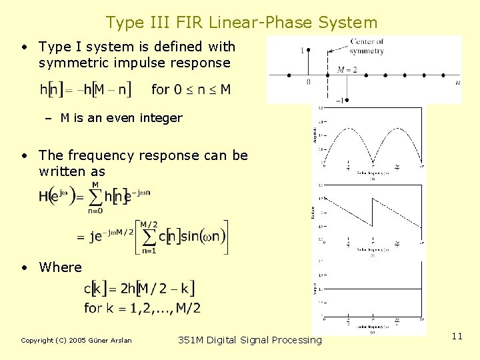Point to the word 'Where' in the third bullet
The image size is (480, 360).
pos(60,267)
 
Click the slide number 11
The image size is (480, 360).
pos(457,337)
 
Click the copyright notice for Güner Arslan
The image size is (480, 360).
pos(77,341)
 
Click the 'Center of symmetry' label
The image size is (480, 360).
pos(367,46)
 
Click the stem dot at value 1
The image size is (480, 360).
pos(308,51)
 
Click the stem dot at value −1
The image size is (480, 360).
pos(347,100)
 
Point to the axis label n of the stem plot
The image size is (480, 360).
pos(457,82)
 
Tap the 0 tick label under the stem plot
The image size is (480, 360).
pos(308,82)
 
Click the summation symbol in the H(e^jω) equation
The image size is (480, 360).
pos(95,196)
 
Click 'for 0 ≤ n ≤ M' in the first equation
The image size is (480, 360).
pos(191,89)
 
